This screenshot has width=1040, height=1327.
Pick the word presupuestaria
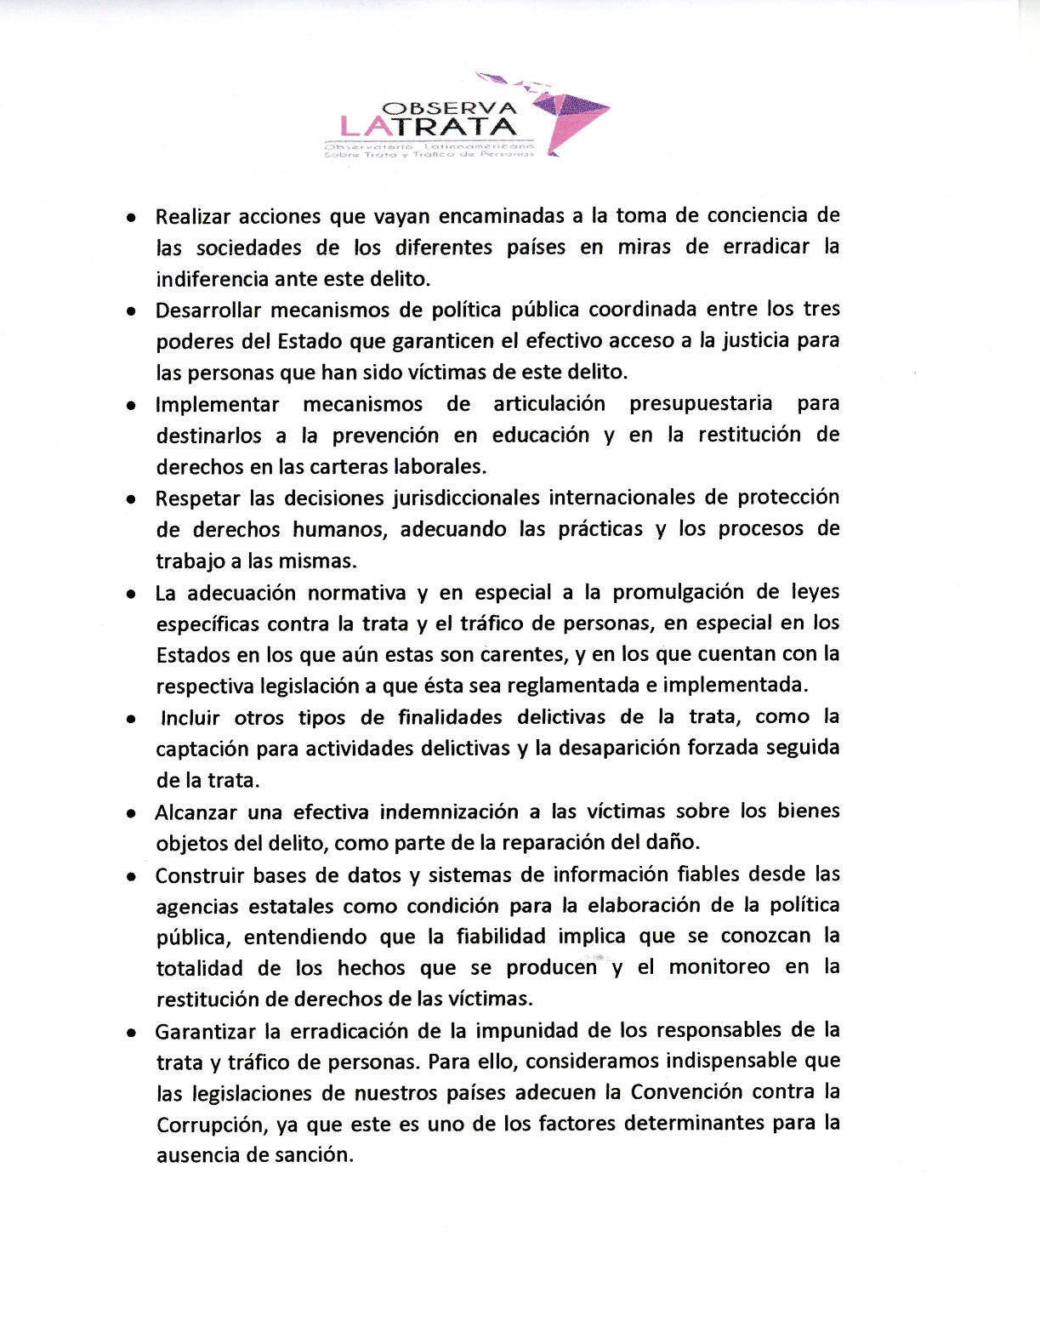pyautogui.click(x=701, y=403)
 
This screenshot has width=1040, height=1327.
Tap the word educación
pyautogui.click(x=541, y=436)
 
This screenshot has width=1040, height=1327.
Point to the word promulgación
pyautogui.click(x=681, y=592)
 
